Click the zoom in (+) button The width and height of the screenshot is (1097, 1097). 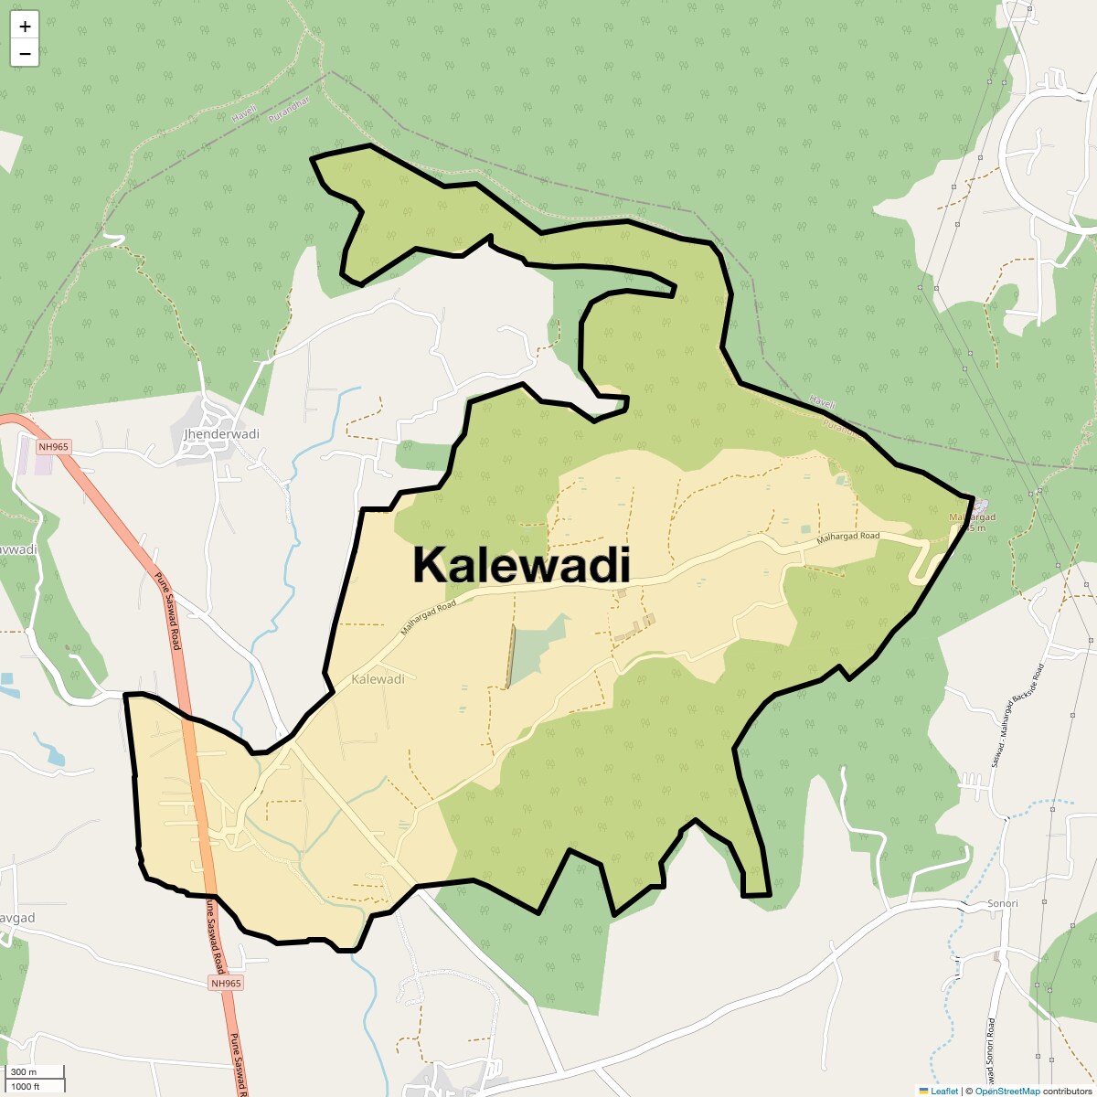click(x=25, y=27)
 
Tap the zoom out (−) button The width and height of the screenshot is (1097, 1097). click(x=25, y=53)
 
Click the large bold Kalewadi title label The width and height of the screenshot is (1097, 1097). click(x=521, y=564)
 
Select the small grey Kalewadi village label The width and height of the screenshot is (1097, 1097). click(x=378, y=679)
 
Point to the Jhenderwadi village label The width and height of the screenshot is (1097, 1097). click(x=221, y=433)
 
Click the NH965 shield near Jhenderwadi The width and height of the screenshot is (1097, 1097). click(x=54, y=447)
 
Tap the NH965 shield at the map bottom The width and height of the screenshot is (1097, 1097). click(x=225, y=983)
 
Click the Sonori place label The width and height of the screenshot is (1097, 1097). click(x=1002, y=903)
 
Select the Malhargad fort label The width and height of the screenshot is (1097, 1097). click(x=973, y=518)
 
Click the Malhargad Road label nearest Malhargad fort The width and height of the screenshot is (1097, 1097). click(x=847, y=540)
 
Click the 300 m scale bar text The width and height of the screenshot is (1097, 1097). click(x=24, y=1072)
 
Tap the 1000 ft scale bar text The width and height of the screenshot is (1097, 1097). click(x=25, y=1086)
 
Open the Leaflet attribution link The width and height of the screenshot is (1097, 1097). click(x=944, y=1091)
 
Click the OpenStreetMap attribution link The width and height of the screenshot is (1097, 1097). click(x=1007, y=1091)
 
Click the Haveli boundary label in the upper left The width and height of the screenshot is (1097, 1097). click(x=243, y=114)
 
